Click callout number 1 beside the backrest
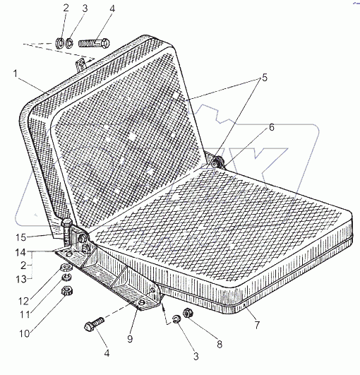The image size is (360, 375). pyautogui.click(x=16, y=73)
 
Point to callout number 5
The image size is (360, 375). pyautogui.click(x=265, y=78)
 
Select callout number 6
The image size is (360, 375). pyautogui.click(x=272, y=127)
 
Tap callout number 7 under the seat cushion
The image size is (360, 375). pyautogui.click(x=257, y=325)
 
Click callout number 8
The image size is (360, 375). pyautogui.click(x=220, y=344)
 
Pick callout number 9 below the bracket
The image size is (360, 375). pyautogui.click(x=130, y=339)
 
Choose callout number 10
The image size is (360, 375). pyautogui.click(x=25, y=333)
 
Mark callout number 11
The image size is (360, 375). pyautogui.click(x=25, y=314)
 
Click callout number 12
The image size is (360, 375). pyautogui.click(x=24, y=302)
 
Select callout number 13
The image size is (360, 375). pyautogui.click(x=21, y=279)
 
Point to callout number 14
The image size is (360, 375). pyautogui.click(x=20, y=253)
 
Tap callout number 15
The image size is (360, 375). pyautogui.click(x=20, y=237)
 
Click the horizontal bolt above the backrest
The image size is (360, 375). pyautogui.click(x=94, y=44)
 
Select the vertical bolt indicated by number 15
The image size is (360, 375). pyautogui.click(x=66, y=233)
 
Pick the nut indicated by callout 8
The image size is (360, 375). pyautogui.click(x=188, y=313)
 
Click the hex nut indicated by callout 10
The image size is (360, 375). pyautogui.click(x=67, y=291)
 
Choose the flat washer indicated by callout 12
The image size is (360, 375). pyautogui.click(x=66, y=267)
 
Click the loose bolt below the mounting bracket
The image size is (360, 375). pyautogui.click(x=94, y=324)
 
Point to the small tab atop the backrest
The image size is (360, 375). pyautogui.click(x=80, y=64)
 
